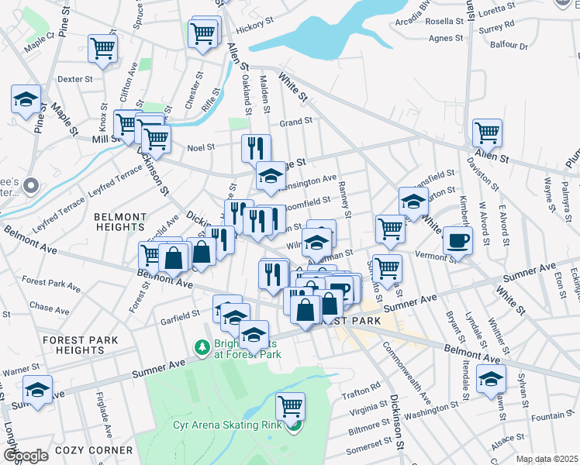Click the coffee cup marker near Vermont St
coord(457,241)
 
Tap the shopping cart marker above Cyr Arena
coord(290,405)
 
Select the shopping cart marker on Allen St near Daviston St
coord(487,133)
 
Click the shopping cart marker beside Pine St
coord(102,48)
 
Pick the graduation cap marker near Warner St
coord(36,391)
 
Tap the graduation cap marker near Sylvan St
coord(491,380)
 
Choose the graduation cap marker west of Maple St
coord(26,100)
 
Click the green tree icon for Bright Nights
coord(202,346)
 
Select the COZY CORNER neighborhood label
coord(93,449)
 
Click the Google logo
coord(26,455)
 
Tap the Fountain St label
coord(547,415)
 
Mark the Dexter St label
coord(75,79)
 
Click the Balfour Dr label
coord(508,45)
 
